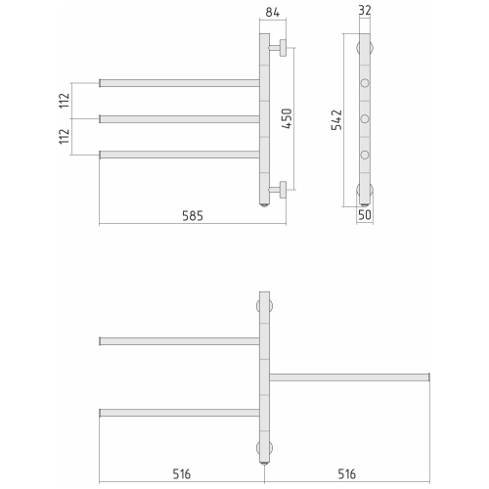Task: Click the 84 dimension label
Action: tap(272, 13)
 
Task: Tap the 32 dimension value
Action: tap(365, 11)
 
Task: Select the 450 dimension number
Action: tap(287, 118)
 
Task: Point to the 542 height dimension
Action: tap(336, 120)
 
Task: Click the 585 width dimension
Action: tap(193, 216)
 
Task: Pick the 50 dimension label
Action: tap(365, 215)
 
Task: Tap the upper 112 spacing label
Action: tap(65, 101)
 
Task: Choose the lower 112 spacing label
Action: tap(65, 137)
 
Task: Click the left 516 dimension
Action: tap(182, 474)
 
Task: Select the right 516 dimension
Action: tap(346, 474)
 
